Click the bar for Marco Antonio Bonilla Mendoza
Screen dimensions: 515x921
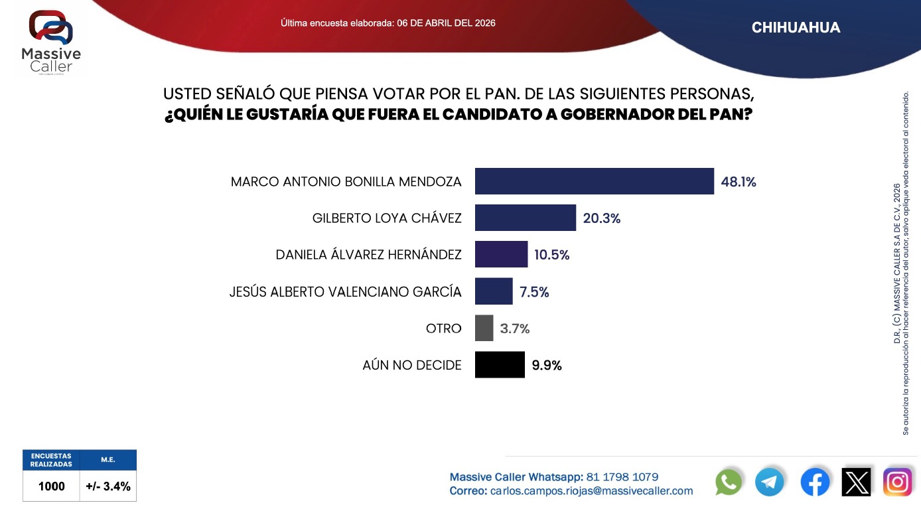(x=594, y=181)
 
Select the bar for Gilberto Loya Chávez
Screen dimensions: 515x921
(x=525, y=218)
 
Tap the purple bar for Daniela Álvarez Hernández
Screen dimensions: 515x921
(x=501, y=254)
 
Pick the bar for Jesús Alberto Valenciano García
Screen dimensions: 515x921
(x=494, y=291)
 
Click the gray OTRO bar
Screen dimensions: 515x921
(x=484, y=328)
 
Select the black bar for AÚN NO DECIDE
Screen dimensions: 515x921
(x=500, y=365)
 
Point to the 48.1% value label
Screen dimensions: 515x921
(x=739, y=182)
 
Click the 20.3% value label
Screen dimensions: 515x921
(x=602, y=218)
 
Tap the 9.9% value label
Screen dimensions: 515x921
(x=547, y=366)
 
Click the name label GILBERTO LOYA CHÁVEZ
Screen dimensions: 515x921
(x=387, y=218)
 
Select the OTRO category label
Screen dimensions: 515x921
(x=443, y=329)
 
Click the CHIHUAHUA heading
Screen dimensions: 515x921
(x=796, y=28)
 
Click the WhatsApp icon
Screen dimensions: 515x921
(x=729, y=482)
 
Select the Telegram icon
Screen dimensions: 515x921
(x=770, y=482)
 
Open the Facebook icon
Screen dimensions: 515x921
(x=815, y=482)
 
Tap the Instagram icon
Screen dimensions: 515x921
(x=897, y=482)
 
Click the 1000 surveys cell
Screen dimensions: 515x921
(x=52, y=486)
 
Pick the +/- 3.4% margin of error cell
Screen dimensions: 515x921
(x=108, y=486)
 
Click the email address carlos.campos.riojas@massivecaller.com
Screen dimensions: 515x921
(x=591, y=491)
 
